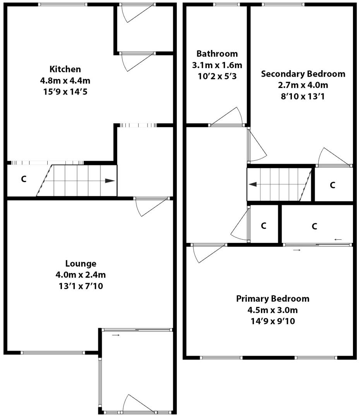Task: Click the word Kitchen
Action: point(65,69)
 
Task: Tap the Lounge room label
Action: point(81,264)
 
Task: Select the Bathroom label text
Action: point(217,54)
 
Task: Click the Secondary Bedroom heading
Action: point(303,74)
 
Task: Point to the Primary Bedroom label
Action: point(273,299)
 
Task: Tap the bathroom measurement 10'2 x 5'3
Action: point(217,76)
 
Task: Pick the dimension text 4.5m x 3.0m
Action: point(273,310)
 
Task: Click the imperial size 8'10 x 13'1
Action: point(303,96)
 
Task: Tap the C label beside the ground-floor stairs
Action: point(24,179)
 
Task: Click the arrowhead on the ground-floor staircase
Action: point(110,181)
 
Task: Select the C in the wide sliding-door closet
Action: point(315,226)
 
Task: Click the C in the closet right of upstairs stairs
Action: point(333,185)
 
